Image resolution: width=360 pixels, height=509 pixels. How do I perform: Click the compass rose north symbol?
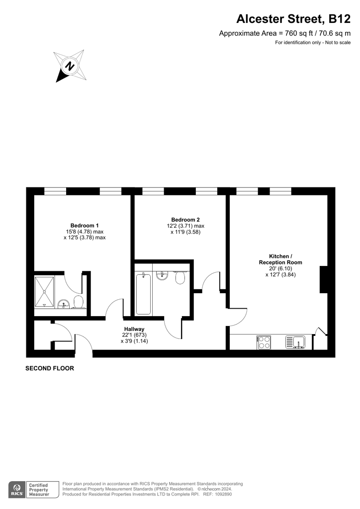[70, 66]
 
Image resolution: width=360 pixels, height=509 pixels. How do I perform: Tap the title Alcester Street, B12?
[293, 19]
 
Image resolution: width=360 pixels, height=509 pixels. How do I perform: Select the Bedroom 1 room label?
[85, 225]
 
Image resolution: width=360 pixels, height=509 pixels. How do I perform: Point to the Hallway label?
[134, 329]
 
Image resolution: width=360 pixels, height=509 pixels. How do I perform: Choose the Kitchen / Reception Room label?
[280, 259]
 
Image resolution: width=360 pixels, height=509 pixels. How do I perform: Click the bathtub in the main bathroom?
[143, 294]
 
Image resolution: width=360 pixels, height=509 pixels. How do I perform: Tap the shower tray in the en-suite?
[44, 291]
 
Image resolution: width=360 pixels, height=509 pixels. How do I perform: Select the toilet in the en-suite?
[79, 302]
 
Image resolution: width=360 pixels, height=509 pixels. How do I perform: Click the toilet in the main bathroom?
[180, 277]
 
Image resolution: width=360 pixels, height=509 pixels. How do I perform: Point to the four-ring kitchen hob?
[264, 342]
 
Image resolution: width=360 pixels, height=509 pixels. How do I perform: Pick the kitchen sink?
[295, 342]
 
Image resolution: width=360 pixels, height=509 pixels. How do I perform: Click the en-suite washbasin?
[64, 305]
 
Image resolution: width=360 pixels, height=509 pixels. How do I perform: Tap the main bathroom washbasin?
[162, 275]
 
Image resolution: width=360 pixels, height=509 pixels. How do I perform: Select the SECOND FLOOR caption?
[50, 368]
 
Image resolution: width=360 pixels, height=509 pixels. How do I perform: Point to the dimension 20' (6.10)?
[280, 268]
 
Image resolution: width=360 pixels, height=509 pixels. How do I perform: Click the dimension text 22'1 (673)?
[134, 335]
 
